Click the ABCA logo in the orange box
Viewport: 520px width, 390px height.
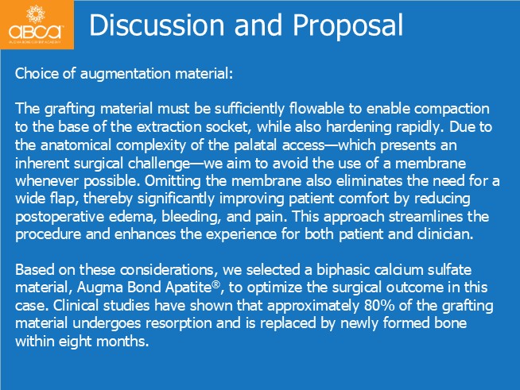pyautogui.click(x=36, y=24)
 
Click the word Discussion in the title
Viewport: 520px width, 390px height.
pyautogui.click(x=157, y=25)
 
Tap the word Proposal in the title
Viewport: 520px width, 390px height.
pyautogui.click(x=347, y=26)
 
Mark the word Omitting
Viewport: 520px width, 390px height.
pyautogui.click(x=173, y=181)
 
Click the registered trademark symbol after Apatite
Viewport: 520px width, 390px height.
pyautogui.click(x=216, y=284)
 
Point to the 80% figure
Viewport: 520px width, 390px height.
pyautogui.click(x=379, y=306)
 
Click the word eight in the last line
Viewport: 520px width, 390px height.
pyautogui.click(x=72, y=342)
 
